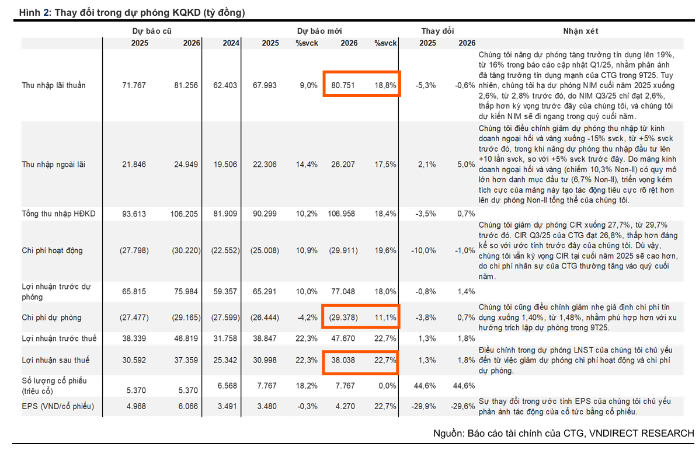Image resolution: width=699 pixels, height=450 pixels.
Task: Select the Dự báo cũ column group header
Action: click(151, 31)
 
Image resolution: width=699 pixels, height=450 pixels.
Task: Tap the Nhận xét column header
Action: click(580, 31)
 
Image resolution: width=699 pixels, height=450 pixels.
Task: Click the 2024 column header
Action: click(231, 43)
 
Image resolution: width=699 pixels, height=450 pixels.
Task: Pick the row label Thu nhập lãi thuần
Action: click(54, 85)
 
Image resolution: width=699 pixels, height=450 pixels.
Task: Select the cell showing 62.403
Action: click(225, 85)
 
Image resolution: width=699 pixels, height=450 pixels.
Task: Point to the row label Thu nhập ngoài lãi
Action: click(53, 165)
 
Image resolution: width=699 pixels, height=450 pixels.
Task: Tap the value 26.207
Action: click(345, 165)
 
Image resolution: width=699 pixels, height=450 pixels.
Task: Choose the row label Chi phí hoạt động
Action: click(53, 250)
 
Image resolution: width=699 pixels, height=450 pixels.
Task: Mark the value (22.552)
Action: click(223, 250)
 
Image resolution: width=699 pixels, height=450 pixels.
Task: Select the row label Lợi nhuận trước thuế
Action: click(59, 339)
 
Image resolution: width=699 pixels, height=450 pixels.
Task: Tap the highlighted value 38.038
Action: click(345, 361)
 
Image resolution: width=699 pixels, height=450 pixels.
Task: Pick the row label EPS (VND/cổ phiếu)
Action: click(58, 406)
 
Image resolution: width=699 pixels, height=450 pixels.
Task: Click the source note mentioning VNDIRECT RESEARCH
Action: click(564, 434)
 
